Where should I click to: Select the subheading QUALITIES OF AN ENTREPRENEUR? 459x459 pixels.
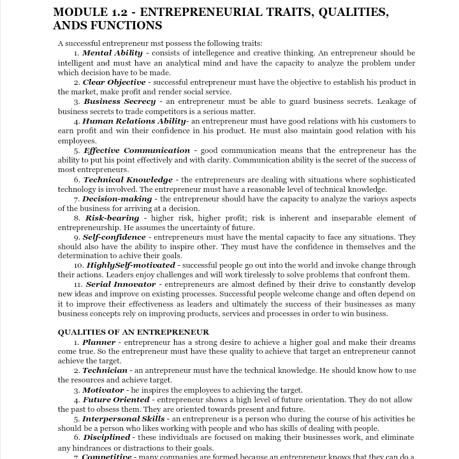coord(133,332)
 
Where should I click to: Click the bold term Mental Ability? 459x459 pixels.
coord(112,53)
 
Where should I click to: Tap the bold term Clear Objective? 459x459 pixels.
coord(114,82)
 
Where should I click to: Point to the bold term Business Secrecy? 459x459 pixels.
coord(119,101)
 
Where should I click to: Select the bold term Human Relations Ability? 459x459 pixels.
coord(135,121)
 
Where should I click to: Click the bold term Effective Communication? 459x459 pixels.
coord(136,150)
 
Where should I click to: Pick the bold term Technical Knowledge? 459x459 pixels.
coord(127,180)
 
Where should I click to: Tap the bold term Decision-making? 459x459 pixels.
coord(117,199)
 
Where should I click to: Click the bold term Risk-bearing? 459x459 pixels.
coord(112,218)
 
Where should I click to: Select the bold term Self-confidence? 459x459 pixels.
coord(114,237)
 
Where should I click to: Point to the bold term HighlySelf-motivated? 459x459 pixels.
coord(131,265)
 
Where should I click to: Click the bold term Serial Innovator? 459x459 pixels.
coord(120,284)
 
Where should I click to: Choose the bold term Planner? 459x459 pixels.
coord(99,342)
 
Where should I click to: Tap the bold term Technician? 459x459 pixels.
coord(105,370)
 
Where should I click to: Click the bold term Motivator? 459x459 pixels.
coord(103,390)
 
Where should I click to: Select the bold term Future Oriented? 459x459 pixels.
coord(116,400)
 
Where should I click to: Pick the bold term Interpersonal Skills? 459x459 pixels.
coord(123,419)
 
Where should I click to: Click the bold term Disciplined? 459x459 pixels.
coord(106,438)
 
